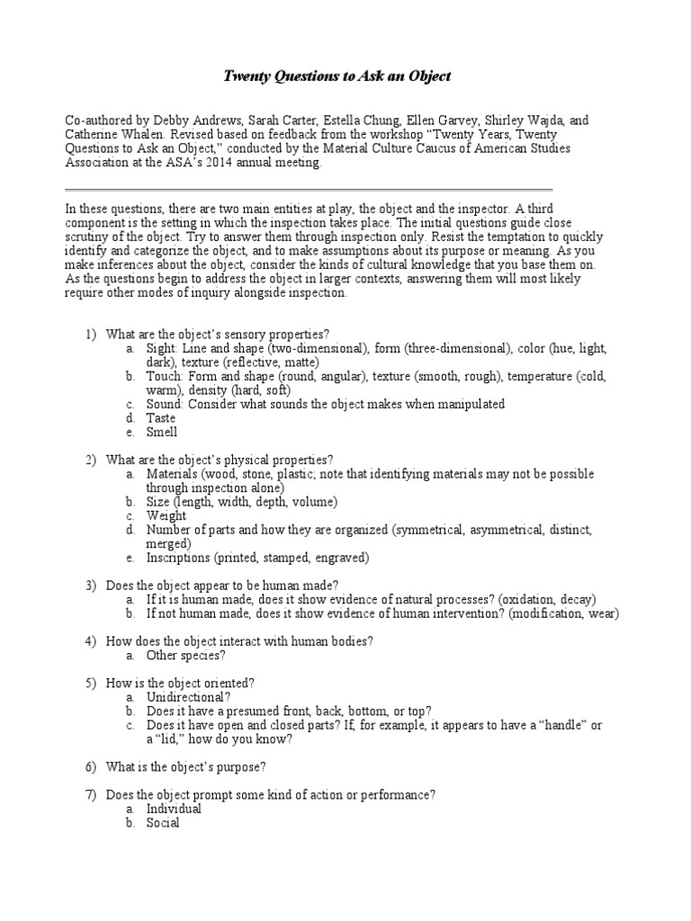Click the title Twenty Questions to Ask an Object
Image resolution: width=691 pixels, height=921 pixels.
pos(337,77)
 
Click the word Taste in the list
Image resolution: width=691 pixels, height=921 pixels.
pos(162,418)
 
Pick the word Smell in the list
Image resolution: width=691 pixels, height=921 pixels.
pos(163,433)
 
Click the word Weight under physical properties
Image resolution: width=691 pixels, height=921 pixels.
pos(167,516)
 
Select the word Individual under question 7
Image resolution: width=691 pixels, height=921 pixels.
pos(175,809)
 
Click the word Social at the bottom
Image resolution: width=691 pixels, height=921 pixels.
pos(164,823)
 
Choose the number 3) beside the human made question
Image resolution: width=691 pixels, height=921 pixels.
pos(91,586)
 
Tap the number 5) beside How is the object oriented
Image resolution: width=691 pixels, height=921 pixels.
pos(91,684)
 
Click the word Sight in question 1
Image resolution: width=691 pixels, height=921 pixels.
pos(163,348)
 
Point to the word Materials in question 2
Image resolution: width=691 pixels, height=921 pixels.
pos(173,474)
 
